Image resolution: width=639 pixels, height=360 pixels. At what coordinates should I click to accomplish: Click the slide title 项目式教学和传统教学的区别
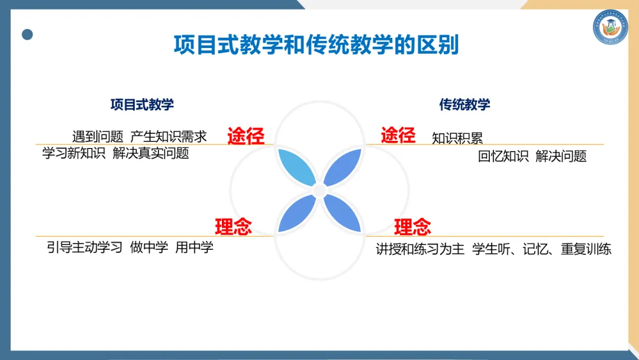(316, 45)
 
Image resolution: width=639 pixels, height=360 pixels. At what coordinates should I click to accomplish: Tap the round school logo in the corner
(610, 27)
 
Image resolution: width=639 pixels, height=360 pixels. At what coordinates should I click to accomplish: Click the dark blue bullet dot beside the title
(27, 34)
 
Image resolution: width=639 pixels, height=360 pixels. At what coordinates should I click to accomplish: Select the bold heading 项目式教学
(142, 105)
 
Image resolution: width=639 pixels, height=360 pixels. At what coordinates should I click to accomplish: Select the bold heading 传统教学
(464, 105)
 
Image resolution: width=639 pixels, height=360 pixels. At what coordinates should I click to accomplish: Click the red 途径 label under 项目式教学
(246, 136)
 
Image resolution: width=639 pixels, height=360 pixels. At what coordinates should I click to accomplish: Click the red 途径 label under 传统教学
(398, 136)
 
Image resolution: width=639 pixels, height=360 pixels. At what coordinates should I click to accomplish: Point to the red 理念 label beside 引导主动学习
(233, 227)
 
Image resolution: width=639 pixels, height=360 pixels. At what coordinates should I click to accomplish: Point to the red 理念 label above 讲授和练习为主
(412, 227)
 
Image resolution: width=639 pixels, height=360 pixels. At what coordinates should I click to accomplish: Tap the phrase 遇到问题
(98, 137)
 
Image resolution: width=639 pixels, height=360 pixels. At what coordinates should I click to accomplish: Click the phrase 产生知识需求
(169, 137)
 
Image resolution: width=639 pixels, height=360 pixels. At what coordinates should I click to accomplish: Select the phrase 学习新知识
(73, 153)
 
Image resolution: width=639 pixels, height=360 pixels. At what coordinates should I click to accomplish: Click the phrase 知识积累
(457, 139)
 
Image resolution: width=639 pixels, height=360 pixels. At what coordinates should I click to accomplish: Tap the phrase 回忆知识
(503, 156)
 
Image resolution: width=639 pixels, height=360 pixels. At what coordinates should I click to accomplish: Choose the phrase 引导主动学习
(85, 247)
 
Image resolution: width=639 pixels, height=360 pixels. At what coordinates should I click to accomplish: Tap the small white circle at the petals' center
(319, 191)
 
